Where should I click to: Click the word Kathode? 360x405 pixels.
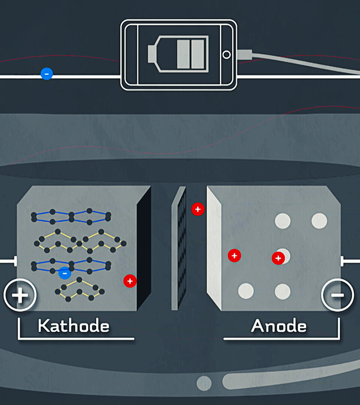pyautogui.click(x=74, y=326)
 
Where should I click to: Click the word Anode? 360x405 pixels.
pyautogui.click(x=279, y=326)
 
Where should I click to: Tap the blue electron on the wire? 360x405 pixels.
pyautogui.click(x=47, y=74)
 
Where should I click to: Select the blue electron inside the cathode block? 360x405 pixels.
pyautogui.click(x=65, y=273)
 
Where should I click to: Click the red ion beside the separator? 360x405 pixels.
pyautogui.click(x=198, y=209)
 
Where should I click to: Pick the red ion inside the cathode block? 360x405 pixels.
pyautogui.click(x=130, y=281)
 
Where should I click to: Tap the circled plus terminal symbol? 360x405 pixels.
pyautogui.click(x=20, y=295)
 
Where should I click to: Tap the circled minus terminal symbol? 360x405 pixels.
pyautogui.click(x=337, y=295)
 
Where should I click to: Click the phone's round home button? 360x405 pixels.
pyautogui.click(x=227, y=55)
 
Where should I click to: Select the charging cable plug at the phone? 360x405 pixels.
pyautogui.click(x=245, y=55)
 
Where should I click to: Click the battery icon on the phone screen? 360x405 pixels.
pyautogui.click(x=178, y=54)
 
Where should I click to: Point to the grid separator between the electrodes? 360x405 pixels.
pyautogui.click(x=179, y=248)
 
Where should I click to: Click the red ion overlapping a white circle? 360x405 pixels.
pyautogui.click(x=278, y=258)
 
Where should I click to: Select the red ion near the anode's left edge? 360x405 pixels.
pyautogui.click(x=235, y=256)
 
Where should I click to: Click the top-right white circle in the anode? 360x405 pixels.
pyautogui.click(x=319, y=221)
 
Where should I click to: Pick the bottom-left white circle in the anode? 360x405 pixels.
pyautogui.click(x=246, y=291)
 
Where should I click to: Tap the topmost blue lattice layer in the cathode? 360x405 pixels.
pyautogui.click(x=71, y=217)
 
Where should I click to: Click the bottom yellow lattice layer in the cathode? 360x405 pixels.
pyautogui.click(x=79, y=289)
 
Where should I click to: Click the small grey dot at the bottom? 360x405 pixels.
pyautogui.click(x=204, y=383)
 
